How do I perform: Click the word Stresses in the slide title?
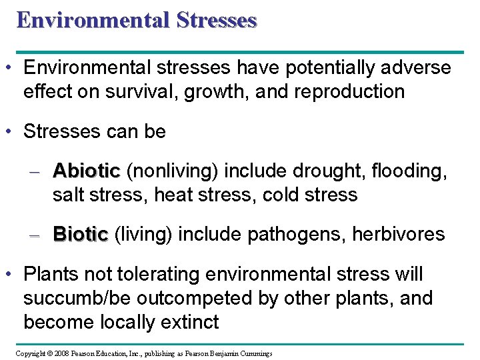pyautogui.click(x=217, y=20)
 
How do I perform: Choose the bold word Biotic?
pyautogui.click(x=80, y=235)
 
